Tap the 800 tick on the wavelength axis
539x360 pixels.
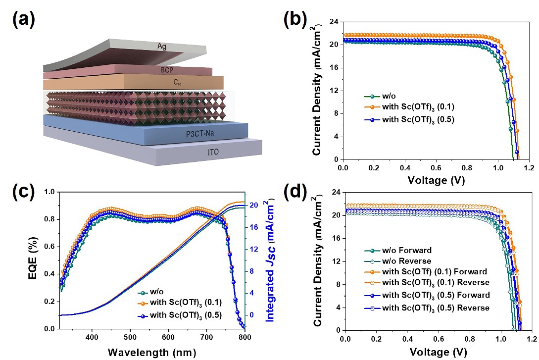tap(243, 337)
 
